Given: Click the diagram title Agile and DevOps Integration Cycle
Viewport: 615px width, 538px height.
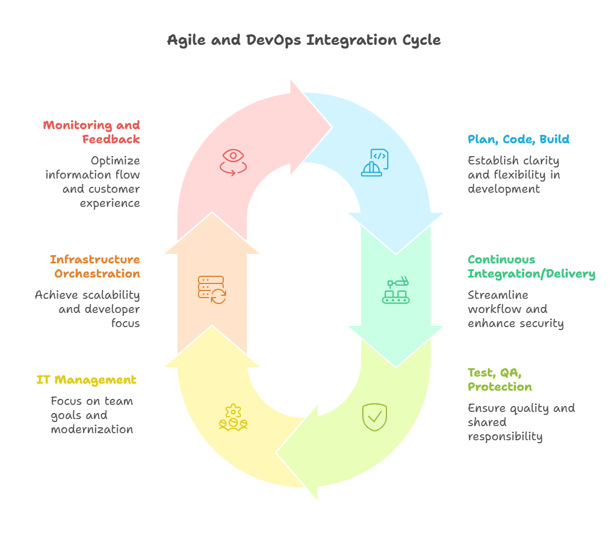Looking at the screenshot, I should pyautogui.click(x=303, y=41).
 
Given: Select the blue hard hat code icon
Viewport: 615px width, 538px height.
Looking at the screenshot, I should pyautogui.click(x=375, y=163).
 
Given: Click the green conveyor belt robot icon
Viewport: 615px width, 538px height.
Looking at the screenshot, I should pyautogui.click(x=396, y=291).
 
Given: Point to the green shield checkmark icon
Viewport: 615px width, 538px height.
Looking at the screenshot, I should pyautogui.click(x=374, y=417).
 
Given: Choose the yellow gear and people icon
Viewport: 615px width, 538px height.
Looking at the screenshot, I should pyautogui.click(x=233, y=417).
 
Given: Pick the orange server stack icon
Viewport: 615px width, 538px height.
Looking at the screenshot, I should pyautogui.click(x=212, y=290).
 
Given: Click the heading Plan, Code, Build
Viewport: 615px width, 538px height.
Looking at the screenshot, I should pyautogui.click(x=518, y=140).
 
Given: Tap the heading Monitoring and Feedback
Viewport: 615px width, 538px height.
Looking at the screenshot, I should pyautogui.click(x=92, y=132).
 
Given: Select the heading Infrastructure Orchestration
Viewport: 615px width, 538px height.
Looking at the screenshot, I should pyautogui.click(x=95, y=266).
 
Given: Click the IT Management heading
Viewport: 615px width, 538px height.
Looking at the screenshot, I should pyautogui.click(x=86, y=380).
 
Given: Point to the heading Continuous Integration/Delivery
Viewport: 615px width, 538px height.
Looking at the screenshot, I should pyautogui.click(x=531, y=266).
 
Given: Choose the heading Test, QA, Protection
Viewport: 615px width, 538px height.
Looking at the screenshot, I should pyautogui.click(x=500, y=379).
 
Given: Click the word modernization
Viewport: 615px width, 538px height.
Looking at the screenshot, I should pyautogui.click(x=92, y=430).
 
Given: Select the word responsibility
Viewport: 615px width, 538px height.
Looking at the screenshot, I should pyautogui.click(x=505, y=437).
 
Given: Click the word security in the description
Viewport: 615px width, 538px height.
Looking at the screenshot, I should pyautogui.click(x=538, y=324).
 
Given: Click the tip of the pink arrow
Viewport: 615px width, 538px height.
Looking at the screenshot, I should pyautogui.click(x=332, y=127).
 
